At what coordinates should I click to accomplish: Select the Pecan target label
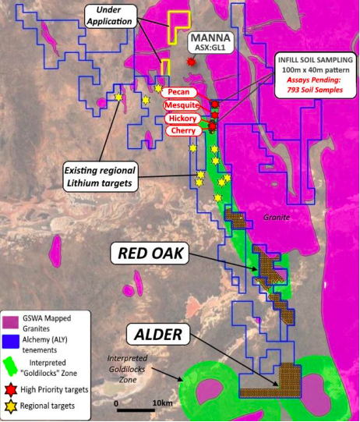pos(178,92)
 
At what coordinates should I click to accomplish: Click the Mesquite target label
pos(181,105)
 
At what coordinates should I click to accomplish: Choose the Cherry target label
pos(181,131)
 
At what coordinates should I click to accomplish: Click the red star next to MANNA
pos(191,62)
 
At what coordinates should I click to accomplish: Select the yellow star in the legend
pos(11,406)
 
